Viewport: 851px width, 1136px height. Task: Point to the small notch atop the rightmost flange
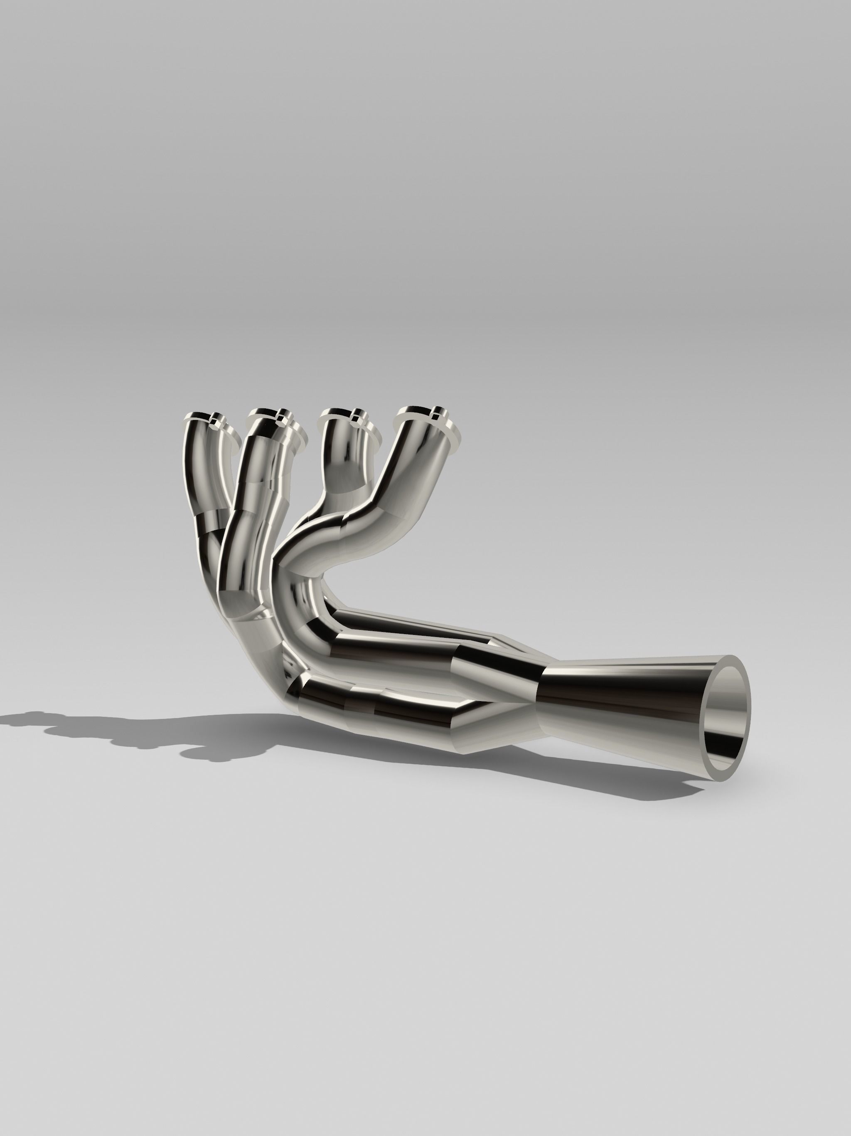tap(436, 411)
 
